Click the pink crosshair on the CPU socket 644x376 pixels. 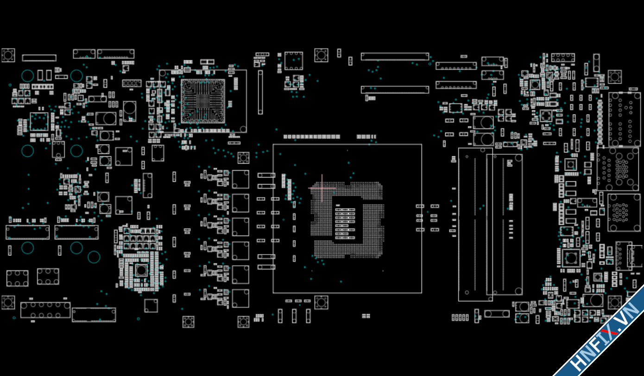click(x=322, y=188)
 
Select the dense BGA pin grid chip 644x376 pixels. click(x=202, y=101)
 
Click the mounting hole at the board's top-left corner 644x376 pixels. click(x=8, y=55)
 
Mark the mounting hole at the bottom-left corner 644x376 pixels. click(x=8, y=302)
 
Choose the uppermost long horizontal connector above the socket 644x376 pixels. click(x=395, y=57)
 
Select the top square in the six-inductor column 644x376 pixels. click(x=240, y=179)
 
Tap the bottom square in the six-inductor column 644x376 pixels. click(x=240, y=298)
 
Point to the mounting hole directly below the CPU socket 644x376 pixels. click(x=321, y=302)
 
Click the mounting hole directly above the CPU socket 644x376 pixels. click(x=321, y=55)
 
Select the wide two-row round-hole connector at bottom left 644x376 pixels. click(x=45, y=310)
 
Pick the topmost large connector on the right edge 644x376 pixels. click(x=624, y=119)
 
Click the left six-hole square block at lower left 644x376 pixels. click(x=17, y=278)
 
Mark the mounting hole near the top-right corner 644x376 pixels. click(x=614, y=77)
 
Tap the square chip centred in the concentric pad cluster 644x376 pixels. click(x=140, y=270)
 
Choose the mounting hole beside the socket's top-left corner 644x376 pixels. click(x=243, y=158)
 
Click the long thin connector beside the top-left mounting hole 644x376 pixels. click(x=39, y=58)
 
